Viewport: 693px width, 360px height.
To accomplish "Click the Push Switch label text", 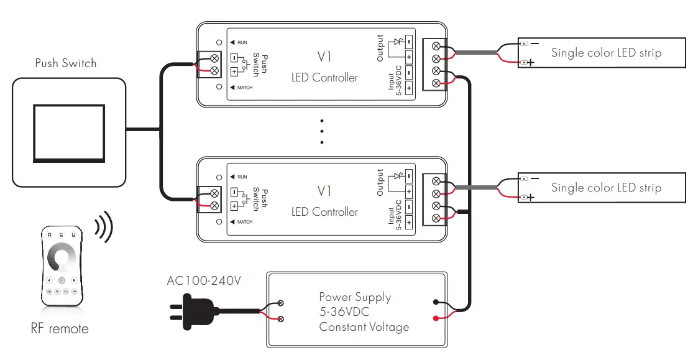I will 66,63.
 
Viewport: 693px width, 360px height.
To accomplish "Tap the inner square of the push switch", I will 68,132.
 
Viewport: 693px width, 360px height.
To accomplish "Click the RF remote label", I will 60,328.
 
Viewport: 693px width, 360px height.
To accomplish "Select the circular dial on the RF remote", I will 61,259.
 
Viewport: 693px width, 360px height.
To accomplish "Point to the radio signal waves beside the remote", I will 104,228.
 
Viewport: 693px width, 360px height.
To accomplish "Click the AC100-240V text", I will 203,280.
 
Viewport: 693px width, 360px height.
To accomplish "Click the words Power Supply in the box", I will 355,297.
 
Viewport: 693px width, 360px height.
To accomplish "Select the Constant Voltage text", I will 364,326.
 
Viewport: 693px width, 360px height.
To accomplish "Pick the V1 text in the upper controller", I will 324,57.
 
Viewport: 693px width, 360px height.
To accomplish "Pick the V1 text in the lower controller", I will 324,192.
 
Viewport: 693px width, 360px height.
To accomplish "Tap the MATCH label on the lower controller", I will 244,222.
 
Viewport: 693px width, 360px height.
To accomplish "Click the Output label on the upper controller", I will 380,48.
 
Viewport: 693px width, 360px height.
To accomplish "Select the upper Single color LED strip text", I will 606,53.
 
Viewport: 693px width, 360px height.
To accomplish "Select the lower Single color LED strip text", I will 606,188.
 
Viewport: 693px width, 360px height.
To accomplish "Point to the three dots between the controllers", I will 322,131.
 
